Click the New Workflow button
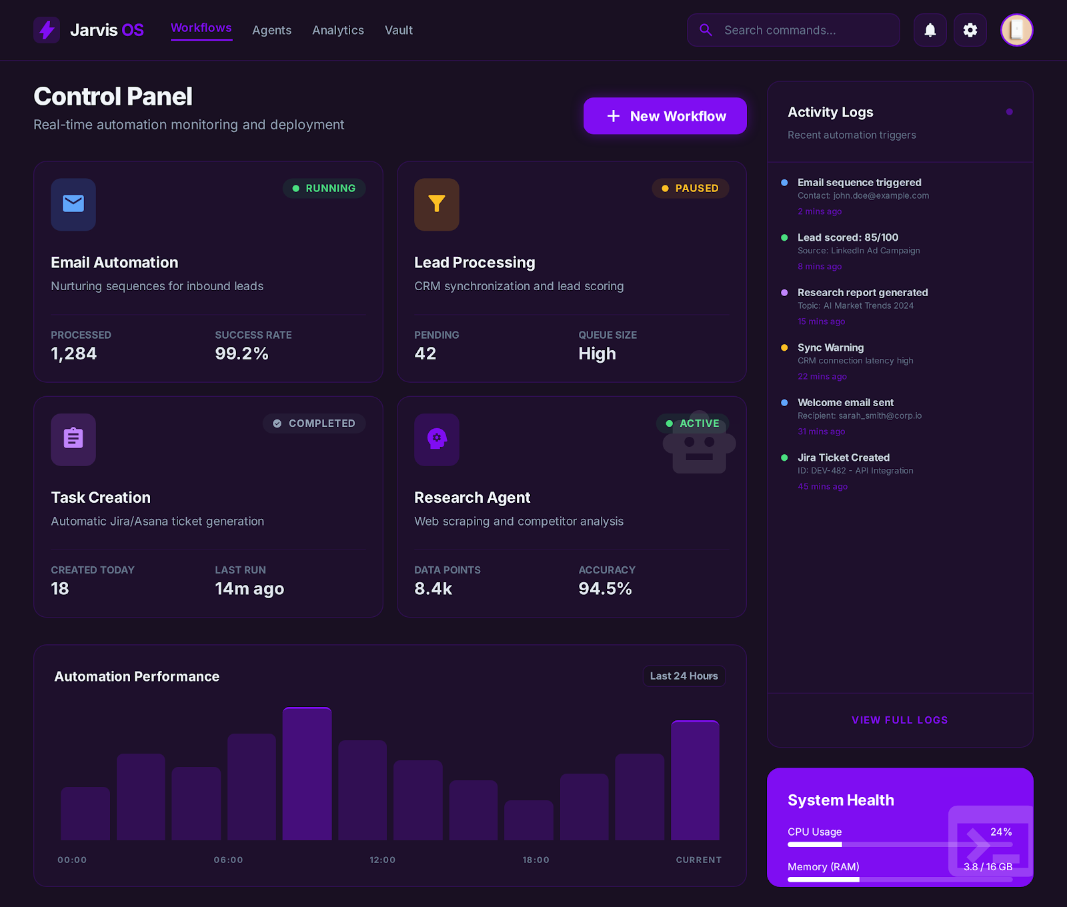665,116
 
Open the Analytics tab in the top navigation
338,30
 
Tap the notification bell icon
930,30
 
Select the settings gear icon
970,30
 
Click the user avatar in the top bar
1016,30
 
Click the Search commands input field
794,30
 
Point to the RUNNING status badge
324,188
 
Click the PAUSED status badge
690,188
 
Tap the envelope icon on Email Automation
73,204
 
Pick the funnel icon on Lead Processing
437,204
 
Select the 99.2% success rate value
241,353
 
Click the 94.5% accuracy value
605,589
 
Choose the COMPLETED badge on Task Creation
314,423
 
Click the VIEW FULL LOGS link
900,720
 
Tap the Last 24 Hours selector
684,676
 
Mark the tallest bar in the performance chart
307,774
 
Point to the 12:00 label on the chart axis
383,860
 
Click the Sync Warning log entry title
830,347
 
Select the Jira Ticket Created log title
844,458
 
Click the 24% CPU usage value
1001,832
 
